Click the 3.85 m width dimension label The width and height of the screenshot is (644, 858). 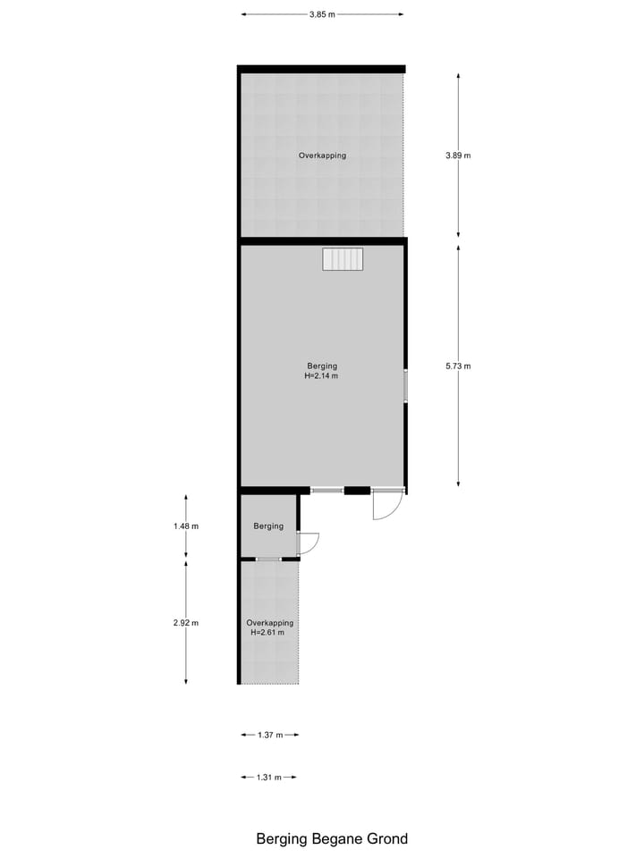pyautogui.click(x=322, y=14)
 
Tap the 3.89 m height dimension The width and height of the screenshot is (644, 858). pyautogui.click(x=458, y=156)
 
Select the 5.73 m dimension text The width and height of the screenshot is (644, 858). pyautogui.click(x=458, y=366)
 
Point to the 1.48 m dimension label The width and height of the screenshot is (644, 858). pyautogui.click(x=186, y=526)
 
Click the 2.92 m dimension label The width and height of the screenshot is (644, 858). pyautogui.click(x=186, y=623)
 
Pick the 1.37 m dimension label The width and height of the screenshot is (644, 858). pyautogui.click(x=269, y=735)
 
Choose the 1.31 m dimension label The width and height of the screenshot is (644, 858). pyautogui.click(x=268, y=778)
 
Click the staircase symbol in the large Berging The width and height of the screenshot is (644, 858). pyautogui.click(x=343, y=259)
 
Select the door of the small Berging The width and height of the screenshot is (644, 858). pyautogui.click(x=307, y=543)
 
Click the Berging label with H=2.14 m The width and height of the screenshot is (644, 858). pyautogui.click(x=322, y=371)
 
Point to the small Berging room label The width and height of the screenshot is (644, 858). pyautogui.click(x=268, y=526)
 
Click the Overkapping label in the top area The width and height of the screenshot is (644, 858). pyautogui.click(x=322, y=156)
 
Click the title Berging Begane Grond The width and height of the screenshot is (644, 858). pyautogui.click(x=332, y=838)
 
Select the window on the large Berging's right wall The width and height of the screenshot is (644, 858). pyautogui.click(x=405, y=386)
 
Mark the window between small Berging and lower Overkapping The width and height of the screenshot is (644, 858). pyautogui.click(x=268, y=559)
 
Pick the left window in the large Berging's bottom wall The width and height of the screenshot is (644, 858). pyautogui.click(x=326, y=490)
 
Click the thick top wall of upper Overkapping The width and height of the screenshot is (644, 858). pyautogui.click(x=322, y=69)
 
